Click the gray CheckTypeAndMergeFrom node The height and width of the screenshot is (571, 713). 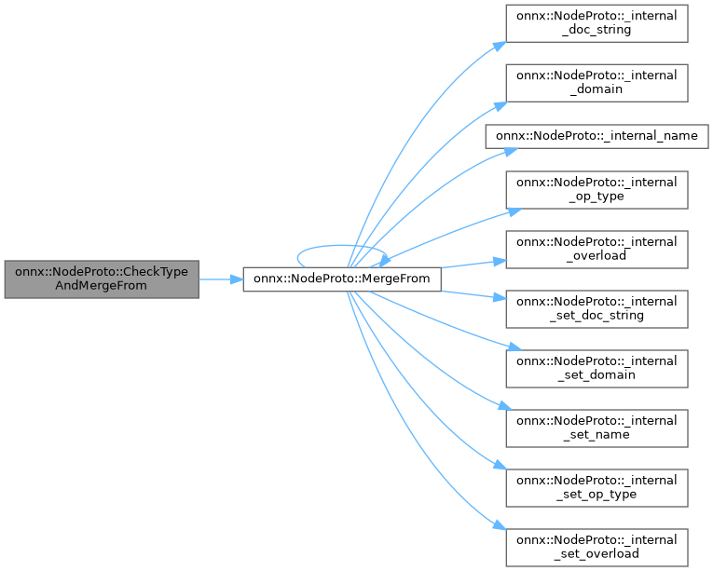(x=102, y=279)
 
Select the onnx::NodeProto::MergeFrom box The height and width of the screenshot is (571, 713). (x=342, y=279)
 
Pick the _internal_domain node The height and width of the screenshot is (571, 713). (x=596, y=84)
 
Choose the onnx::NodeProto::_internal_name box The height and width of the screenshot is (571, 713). (x=596, y=136)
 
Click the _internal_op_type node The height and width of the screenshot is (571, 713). (x=596, y=189)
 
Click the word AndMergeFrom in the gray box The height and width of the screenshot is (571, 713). (x=102, y=287)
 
